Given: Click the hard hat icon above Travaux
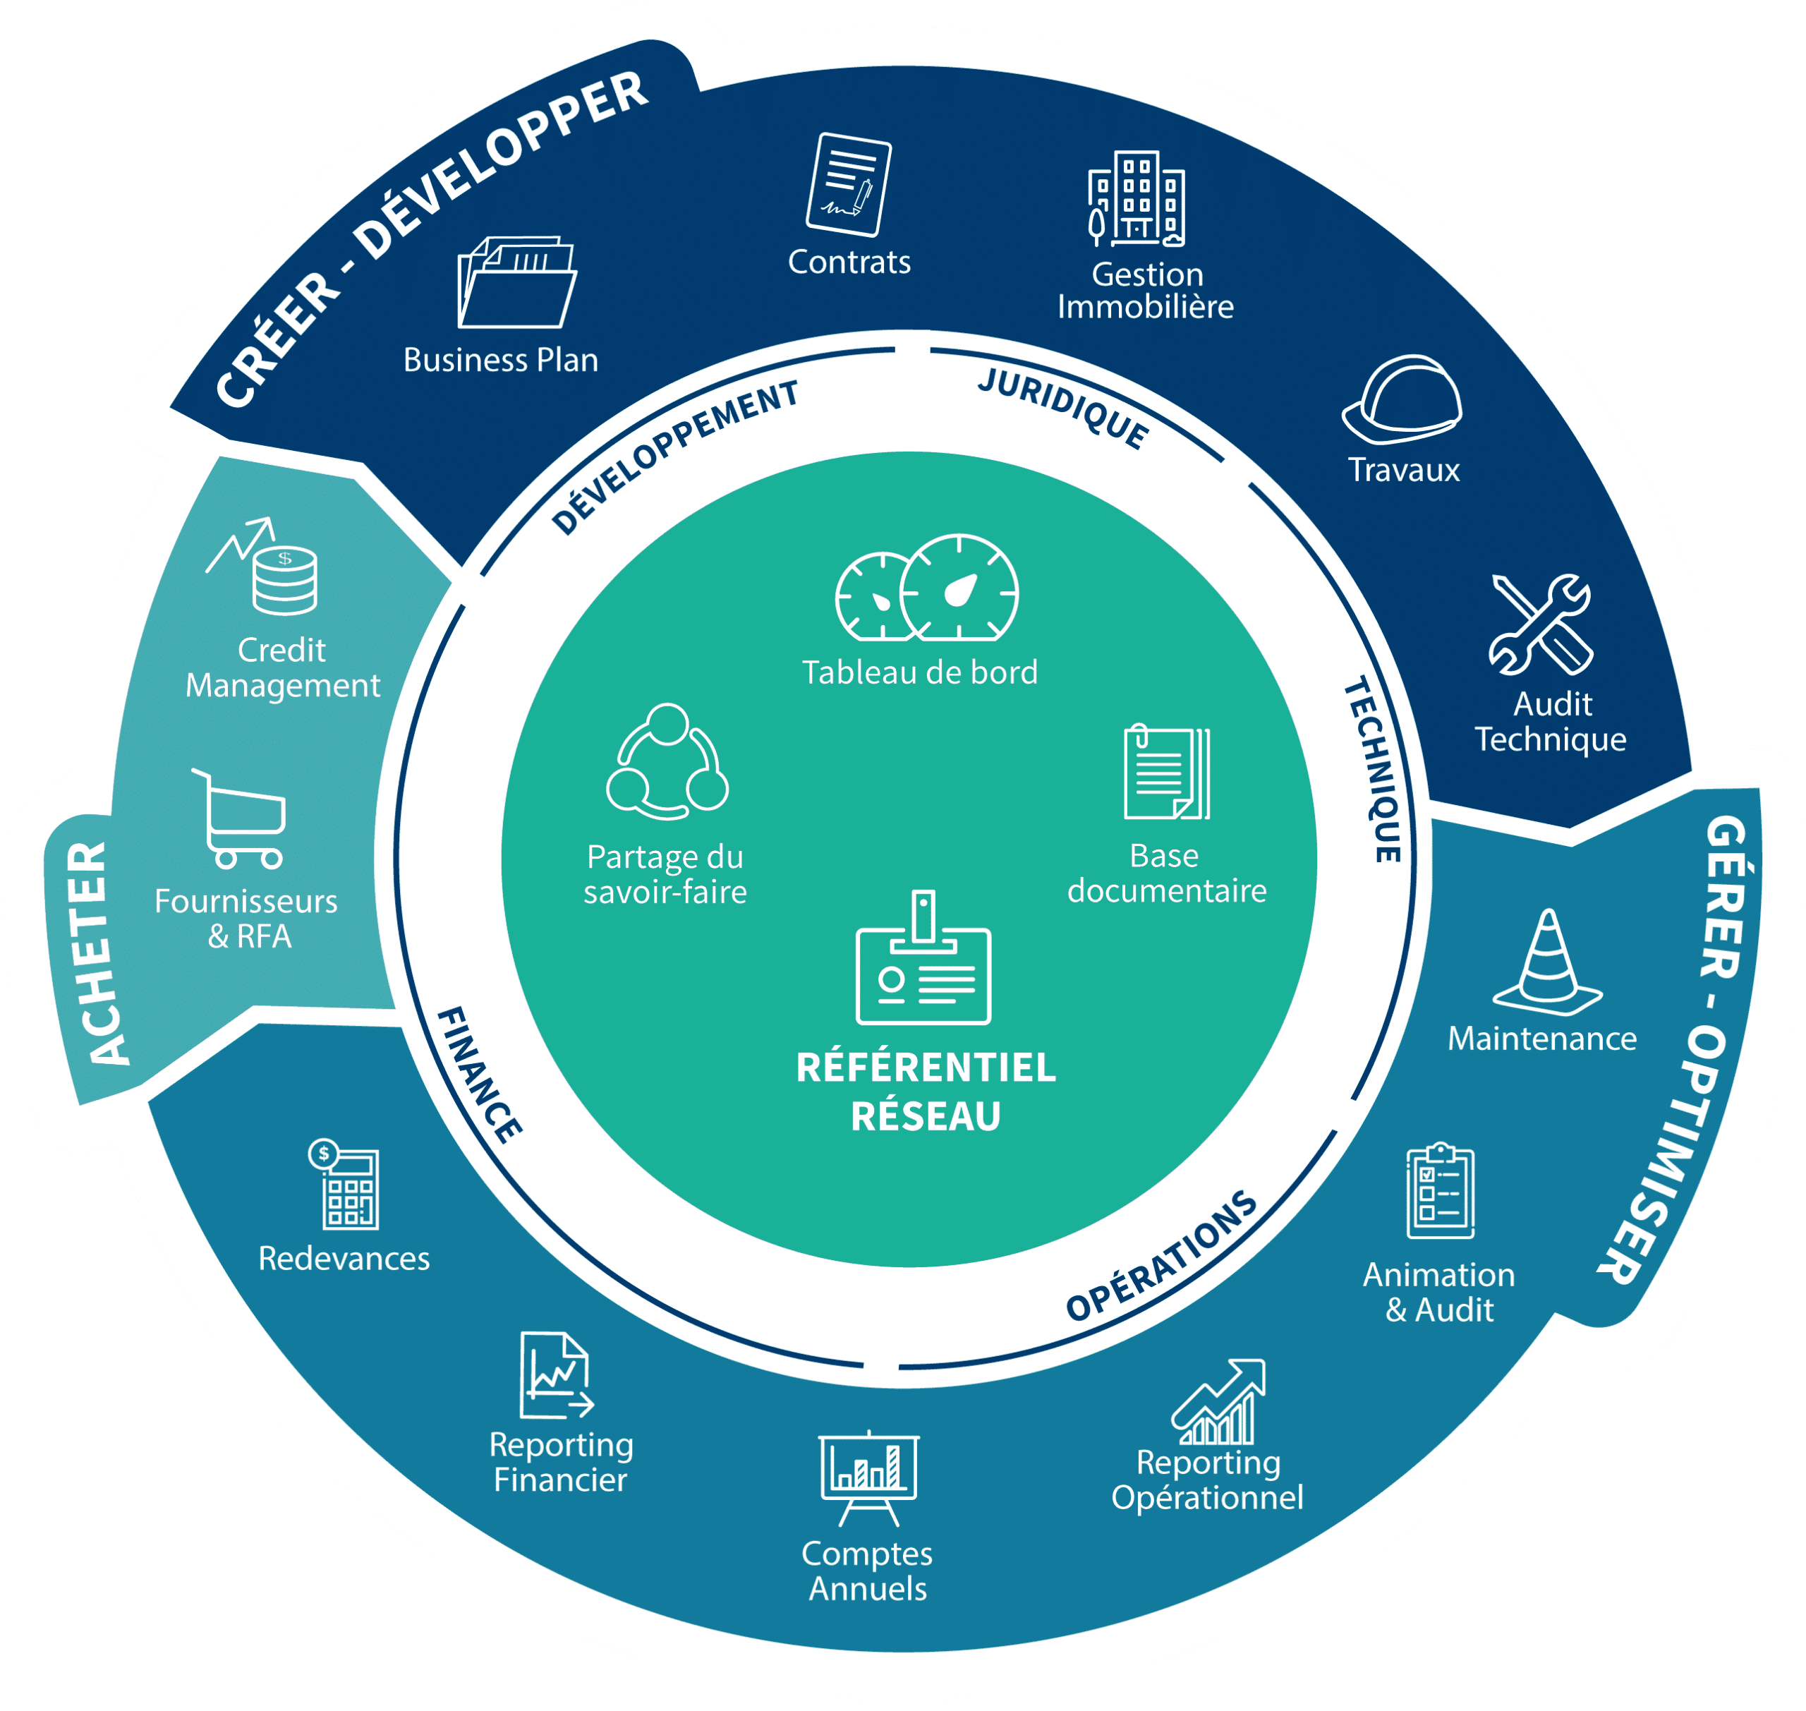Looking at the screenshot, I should click(x=1403, y=399).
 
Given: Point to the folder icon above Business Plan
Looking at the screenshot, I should click(x=516, y=283).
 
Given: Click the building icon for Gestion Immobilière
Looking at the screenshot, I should click(x=1137, y=200).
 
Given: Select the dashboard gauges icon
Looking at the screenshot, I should click(x=927, y=588).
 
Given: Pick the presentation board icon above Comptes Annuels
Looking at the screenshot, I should click(x=868, y=1477).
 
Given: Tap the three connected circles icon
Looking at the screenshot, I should click(x=667, y=761).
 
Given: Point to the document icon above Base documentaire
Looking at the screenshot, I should click(x=1167, y=773).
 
